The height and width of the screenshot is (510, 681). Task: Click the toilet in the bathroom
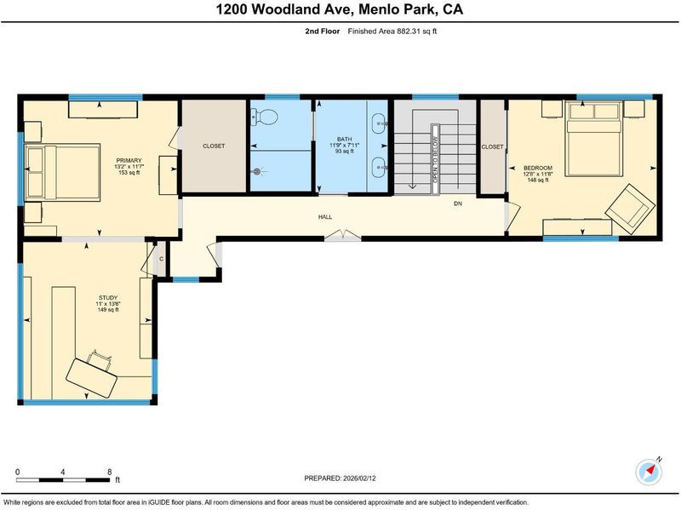point(264,117)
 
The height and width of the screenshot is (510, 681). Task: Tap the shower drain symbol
point(257,172)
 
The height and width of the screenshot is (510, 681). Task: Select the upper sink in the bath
point(379,123)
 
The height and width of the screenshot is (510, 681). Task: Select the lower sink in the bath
point(379,167)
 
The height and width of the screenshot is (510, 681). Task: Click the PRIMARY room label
point(129,160)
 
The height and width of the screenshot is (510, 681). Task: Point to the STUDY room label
point(108,298)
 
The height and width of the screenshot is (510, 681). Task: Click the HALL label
point(325,217)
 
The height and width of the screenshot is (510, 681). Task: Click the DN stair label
point(458,203)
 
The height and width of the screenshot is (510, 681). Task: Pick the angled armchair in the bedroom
point(630,207)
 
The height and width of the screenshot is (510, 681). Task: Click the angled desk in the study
point(92,377)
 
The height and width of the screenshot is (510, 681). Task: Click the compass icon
point(649,472)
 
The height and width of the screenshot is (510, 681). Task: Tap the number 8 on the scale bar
point(110,472)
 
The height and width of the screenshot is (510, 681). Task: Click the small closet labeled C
point(161,259)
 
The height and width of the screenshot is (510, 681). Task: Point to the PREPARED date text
point(340,478)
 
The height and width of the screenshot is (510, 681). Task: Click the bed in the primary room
point(62,172)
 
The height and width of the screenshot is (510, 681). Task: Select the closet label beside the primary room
point(214,146)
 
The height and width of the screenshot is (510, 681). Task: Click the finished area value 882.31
point(408,32)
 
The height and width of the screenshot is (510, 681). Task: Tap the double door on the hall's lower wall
point(343,236)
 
